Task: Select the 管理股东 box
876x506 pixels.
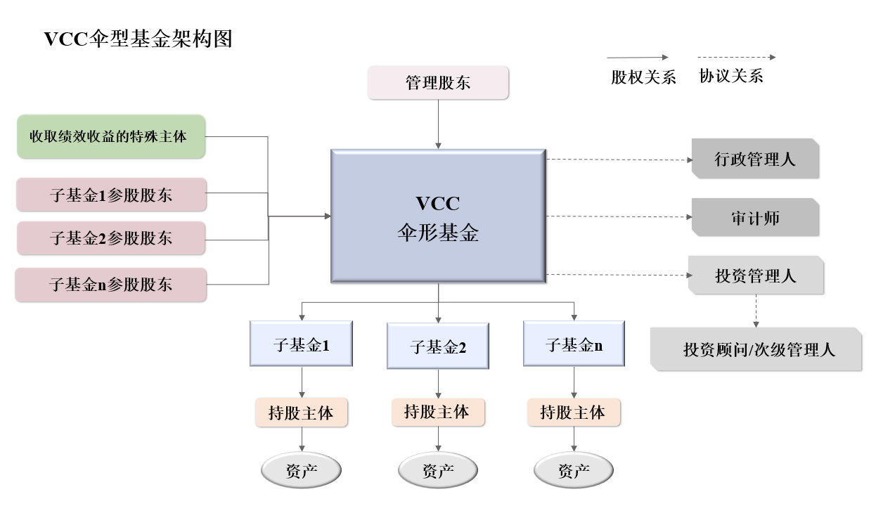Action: coord(438,83)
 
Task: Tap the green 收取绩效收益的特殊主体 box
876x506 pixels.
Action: coord(110,136)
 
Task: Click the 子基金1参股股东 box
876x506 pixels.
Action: coord(111,195)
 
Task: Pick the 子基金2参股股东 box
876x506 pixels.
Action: coord(111,238)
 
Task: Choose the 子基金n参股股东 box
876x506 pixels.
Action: coord(111,285)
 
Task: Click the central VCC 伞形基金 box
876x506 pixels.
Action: coord(438,216)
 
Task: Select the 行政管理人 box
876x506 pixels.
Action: coord(755,159)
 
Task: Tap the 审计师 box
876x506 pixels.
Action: coord(755,218)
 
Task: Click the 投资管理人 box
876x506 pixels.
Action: coord(755,275)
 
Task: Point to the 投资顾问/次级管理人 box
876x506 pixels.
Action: coord(757,349)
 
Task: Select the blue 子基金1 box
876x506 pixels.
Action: coord(302,344)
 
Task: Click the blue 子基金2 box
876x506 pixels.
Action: coord(438,346)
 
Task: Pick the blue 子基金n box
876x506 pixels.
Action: coord(574,344)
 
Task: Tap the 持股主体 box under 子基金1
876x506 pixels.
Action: coord(302,413)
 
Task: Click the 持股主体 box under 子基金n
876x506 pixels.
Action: coord(574,412)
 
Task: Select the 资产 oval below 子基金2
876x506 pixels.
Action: coord(438,470)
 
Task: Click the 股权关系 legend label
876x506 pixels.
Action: coord(643,77)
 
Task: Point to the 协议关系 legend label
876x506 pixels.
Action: coord(731,76)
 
